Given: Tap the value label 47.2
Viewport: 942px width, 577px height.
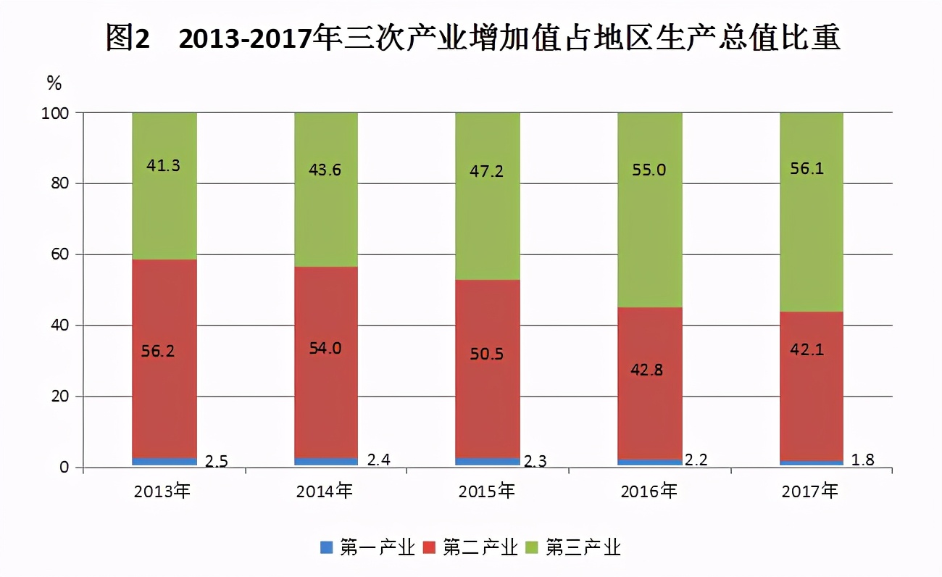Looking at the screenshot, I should pyautogui.click(x=487, y=172).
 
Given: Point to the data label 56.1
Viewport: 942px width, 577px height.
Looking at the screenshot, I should pyautogui.click(x=812, y=169).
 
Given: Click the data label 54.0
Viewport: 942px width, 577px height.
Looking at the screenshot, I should pyautogui.click(x=325, y=348).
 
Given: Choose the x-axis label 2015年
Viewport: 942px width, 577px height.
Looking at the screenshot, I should pyautogui.click(x=487, y=491).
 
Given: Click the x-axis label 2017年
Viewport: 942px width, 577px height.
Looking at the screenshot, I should pyautogui.click(x=811, y=491).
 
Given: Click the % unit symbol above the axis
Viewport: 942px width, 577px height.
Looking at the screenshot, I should pyautogui.click(x=54, y=83).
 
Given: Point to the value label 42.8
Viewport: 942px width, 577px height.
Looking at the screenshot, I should pyautogui.click(x=649, y=370).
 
